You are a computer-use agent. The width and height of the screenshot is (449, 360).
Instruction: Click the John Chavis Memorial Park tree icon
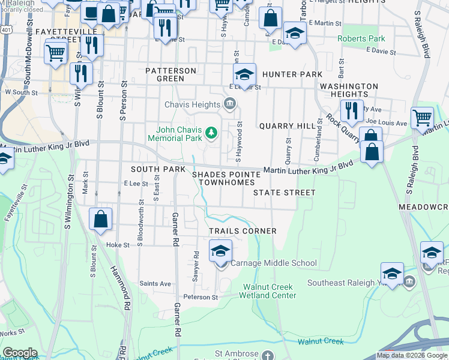(211, 131)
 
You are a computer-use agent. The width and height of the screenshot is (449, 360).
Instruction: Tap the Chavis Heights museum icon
(229, 105)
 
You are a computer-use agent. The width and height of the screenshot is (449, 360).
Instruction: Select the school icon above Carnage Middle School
(220, 251)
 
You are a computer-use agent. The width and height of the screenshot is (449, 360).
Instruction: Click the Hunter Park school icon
(244, 75)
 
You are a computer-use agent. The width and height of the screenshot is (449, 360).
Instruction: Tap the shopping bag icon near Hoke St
(100, 219)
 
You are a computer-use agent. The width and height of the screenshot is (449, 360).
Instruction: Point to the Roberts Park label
(361, 38)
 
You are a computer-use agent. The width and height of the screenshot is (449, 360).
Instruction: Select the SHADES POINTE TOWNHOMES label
(226, 178)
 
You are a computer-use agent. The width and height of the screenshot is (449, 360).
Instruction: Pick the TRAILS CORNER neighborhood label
(243, 231)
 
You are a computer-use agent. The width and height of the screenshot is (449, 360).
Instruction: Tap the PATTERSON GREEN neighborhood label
(171, 74)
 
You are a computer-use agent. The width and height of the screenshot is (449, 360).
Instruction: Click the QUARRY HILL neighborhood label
(287, 126)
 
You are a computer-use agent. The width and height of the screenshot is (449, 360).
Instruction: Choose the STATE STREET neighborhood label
(284, 193)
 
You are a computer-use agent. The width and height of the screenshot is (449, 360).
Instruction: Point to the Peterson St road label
(200, 297)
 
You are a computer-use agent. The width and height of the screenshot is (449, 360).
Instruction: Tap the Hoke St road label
(118, 245)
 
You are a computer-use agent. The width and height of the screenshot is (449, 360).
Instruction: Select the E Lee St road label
(136, 183)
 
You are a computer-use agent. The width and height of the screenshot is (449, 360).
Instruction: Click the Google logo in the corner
(20, 353)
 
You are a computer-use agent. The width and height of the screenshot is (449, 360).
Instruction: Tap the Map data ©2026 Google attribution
(412, 355)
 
